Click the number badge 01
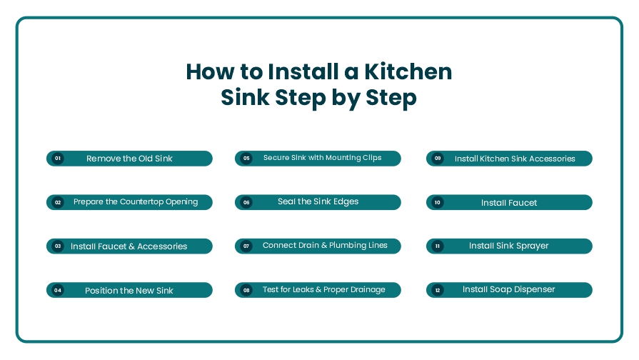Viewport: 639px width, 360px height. [58, 158]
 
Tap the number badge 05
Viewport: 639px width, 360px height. [246, 158]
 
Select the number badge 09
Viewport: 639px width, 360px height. [438, 158]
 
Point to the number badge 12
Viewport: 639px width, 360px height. [438, 290]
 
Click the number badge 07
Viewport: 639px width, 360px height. [246, 246]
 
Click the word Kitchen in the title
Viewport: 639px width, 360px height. [408, 71]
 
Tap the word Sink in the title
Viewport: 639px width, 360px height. [246, 97]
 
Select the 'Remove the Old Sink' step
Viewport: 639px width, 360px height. [129, 159]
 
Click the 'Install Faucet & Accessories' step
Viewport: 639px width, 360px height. [129, 246]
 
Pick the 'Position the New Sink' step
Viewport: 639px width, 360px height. [129, 290]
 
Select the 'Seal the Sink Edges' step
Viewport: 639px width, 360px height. [318, 202]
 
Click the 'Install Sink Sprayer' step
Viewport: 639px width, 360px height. [509, 246]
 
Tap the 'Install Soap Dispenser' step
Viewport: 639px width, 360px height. [509, 290]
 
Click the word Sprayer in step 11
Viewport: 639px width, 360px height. [532, 246]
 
